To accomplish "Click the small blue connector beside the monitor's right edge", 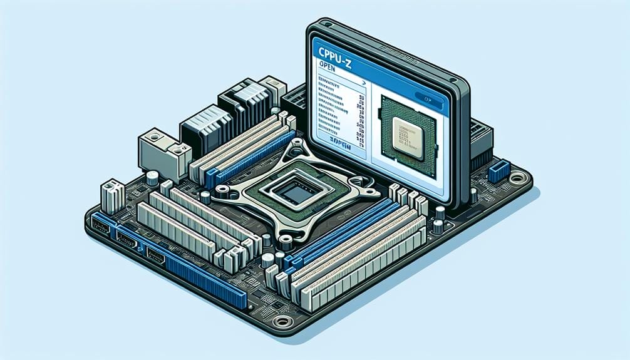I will pos(498,171).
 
